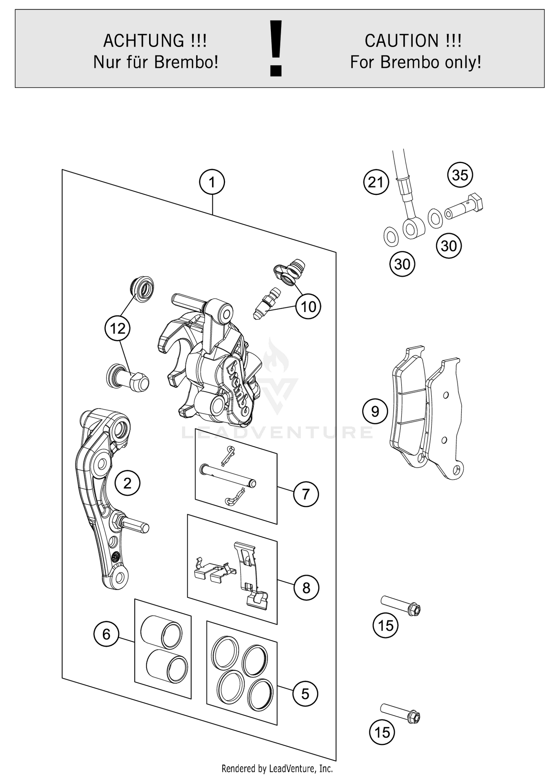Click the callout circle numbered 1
tap(212, 182)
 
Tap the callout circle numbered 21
tap(376, 182)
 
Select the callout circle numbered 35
tap(460, 175)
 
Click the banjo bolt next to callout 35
tap(464, 208)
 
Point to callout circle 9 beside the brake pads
tap(375, 411)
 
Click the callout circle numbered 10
tap(308, 306)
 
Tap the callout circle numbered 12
tap(117, 328)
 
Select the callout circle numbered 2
tap(127, 483)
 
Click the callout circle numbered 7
tap(306, 494)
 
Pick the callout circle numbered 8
tap(306, 587)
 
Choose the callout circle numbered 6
tap(106, 634)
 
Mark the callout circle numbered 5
tap(305, 694)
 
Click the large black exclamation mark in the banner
tap(276, 48)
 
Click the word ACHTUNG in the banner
tap(144, 41)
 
